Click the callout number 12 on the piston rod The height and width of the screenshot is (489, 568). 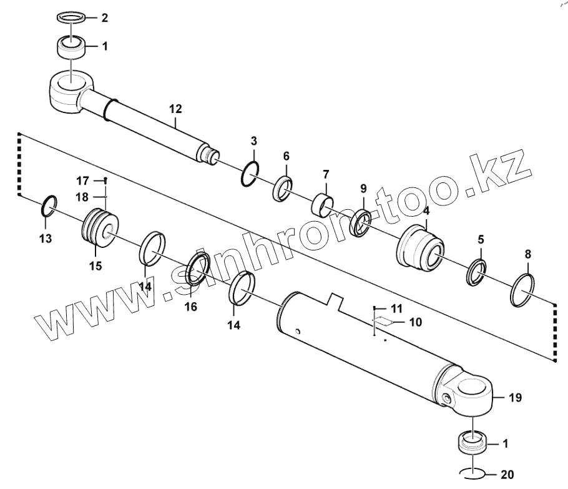(x=175, y=109)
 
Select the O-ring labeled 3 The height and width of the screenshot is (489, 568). (x=248, y=174)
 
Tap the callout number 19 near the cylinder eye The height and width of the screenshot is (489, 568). (x=516, y=397)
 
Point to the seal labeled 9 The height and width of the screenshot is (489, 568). (x=362, y=222)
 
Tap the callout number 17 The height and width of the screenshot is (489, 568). (x=82, y=181)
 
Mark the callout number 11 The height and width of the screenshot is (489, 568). (x=398, y=309)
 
